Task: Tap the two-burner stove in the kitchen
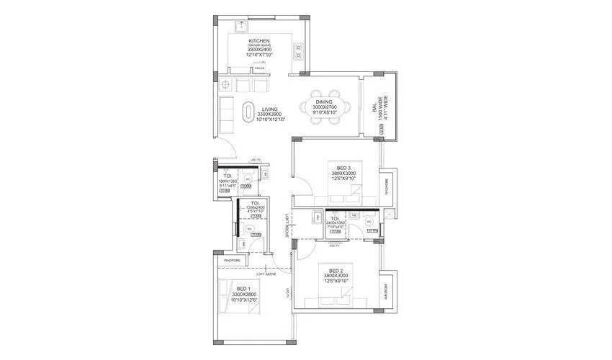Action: (x=298, y=51)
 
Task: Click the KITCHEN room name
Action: (x=258, y=41)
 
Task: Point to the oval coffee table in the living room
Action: (x=248, y=112)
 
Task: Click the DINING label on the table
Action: (x=323, y=103)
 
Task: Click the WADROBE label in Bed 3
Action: (x=387, y=187)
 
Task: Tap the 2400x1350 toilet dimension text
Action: (x=336, y=223)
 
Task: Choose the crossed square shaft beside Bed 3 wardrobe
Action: (x=389, y=213)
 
